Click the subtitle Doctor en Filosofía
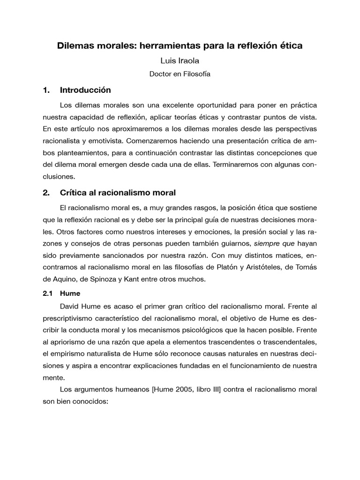click(x=180, y=74)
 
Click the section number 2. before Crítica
click(x=46, y=192)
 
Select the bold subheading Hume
click(x=70, y=293)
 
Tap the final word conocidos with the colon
click(x=92, y=402)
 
